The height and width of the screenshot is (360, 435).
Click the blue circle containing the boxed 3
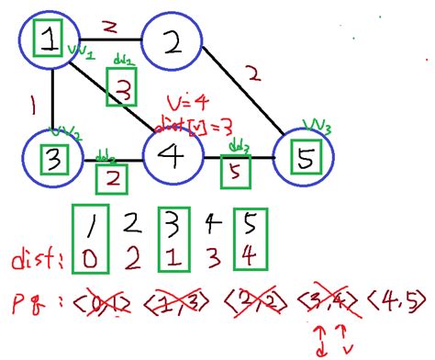pyautogui.click(x=54, y=159)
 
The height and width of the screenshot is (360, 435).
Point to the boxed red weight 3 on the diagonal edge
pyautogui.click(x=124, y=89)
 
